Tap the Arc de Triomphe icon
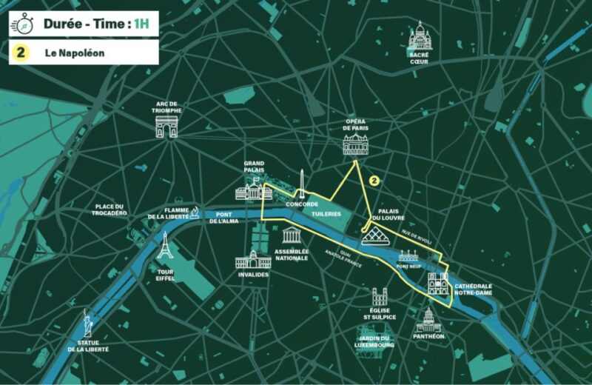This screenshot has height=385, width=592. click(166, 127)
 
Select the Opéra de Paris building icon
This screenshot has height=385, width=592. click(355, 144)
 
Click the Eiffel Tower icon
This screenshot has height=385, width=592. click(164, 246)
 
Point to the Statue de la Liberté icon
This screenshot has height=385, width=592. click(87, 323)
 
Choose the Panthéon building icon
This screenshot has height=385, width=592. click(428, 321)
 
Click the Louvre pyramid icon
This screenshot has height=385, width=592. click(377, 236)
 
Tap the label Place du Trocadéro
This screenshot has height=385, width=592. click(111, 210)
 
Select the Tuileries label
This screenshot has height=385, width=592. click(326, 214)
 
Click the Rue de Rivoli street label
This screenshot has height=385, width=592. click(416, 235)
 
